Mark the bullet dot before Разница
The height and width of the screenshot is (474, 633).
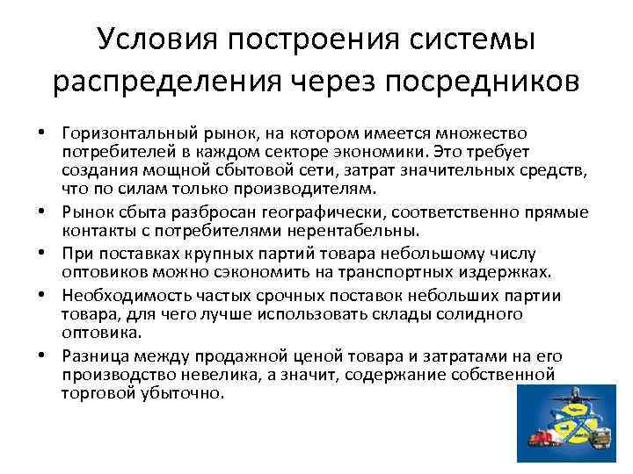pyautogui.click(x=41, y=355)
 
